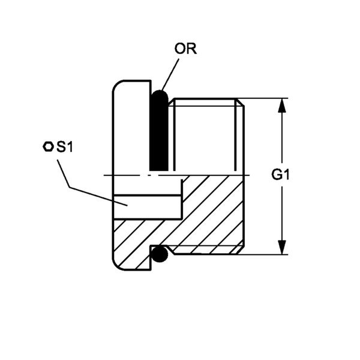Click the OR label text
point(185,49)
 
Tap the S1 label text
point(65,147)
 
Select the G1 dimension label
point(280,175)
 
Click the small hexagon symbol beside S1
point(48,146)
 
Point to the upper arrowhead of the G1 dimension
point(282,106)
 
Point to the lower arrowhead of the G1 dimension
point(282,247)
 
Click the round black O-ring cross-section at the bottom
point(160,254)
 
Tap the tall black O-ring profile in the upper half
point(159,130)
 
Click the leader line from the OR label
point(170,75)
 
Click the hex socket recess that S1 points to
point(148,206)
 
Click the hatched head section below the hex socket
point(133,245)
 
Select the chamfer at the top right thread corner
point(241,102)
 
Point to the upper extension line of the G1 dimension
point(263,98)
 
